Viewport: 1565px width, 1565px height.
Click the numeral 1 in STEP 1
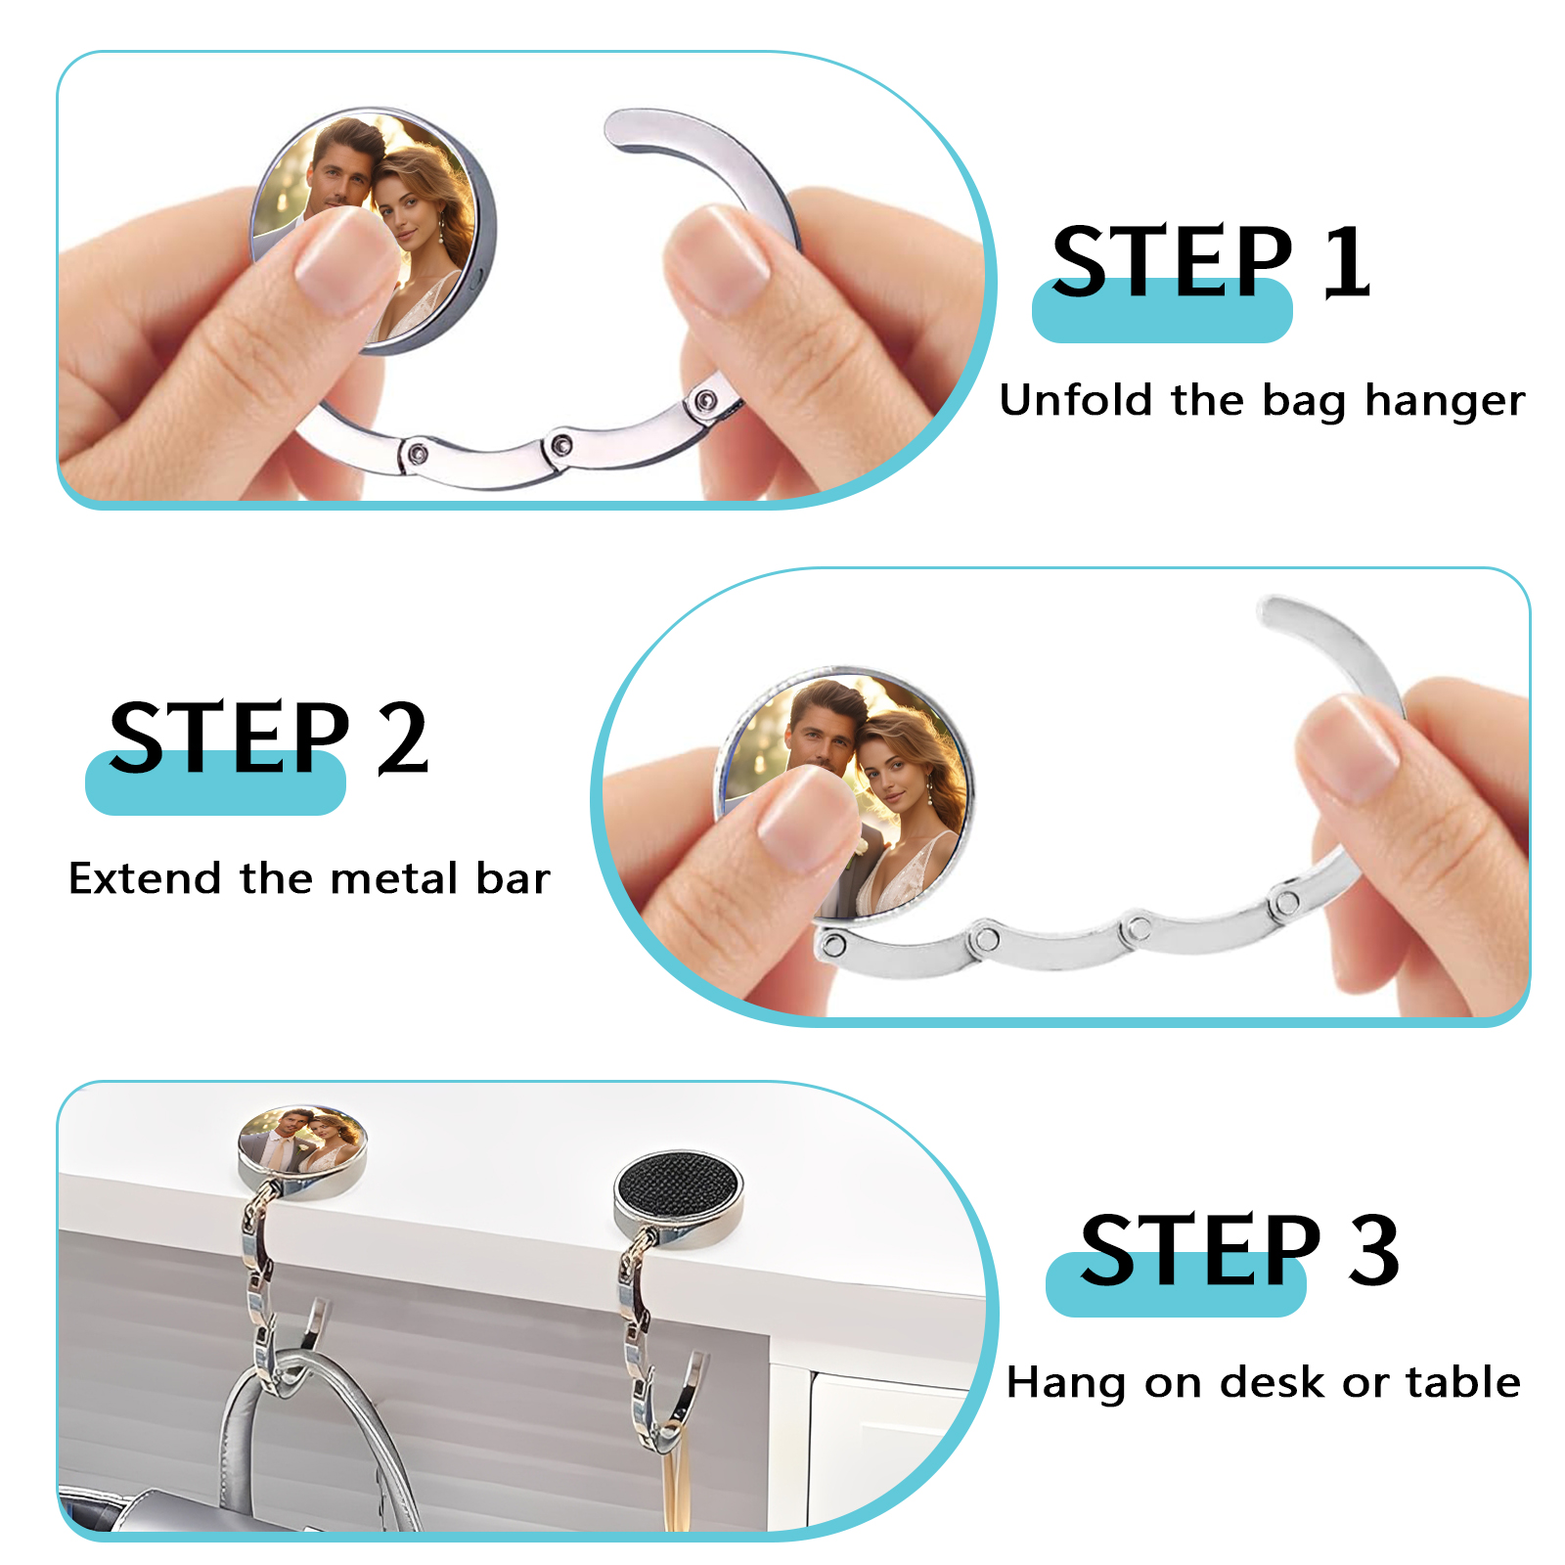(x=1349, y=261)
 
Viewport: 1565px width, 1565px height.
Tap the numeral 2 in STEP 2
(x=402, y=738)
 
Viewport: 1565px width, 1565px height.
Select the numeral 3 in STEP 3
(x=1373, y=1249)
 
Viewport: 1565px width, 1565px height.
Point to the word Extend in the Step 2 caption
(x=145, y=878)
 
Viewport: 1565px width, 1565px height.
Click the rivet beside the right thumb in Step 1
(x=704, y=400)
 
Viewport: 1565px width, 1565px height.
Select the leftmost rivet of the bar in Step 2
(x=833, y=945)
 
